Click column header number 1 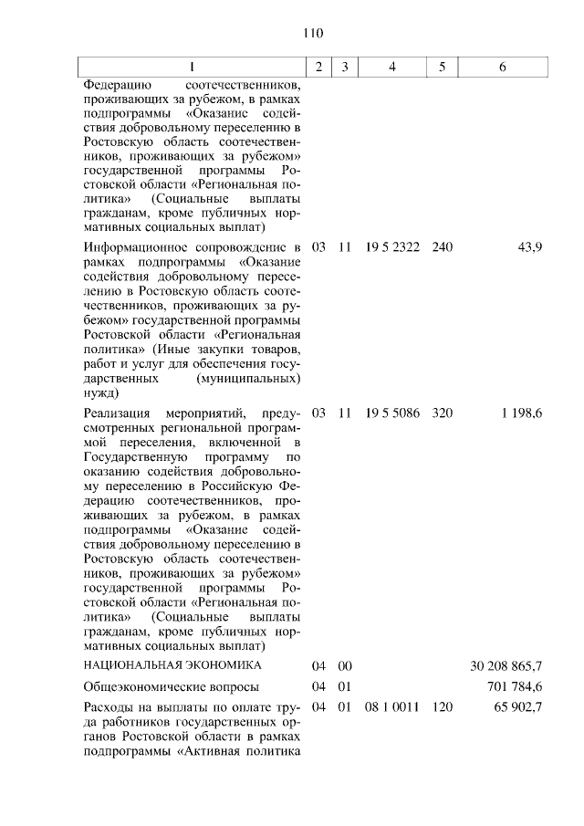click(x=192, y=68)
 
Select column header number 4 click(x=391, y=68)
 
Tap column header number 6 click(x=503, y=68)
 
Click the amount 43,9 click(x=529, y=248)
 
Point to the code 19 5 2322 click(x=391, y=248)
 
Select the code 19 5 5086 click(x=391, y=413)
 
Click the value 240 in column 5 click(x=442, y=248)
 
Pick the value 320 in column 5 click(x=442, y=413)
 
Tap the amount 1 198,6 click(x=522, y=413)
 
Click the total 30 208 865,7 click(x=506, y=664)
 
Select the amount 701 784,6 click(x=512, y=686)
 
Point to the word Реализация click(x=115, y=413)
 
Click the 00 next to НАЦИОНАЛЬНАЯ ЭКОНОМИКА click(x=345, y=664)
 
